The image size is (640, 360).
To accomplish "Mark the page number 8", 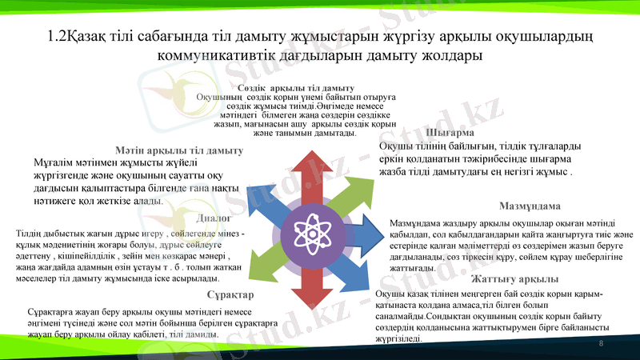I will click(x=601, y=342).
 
